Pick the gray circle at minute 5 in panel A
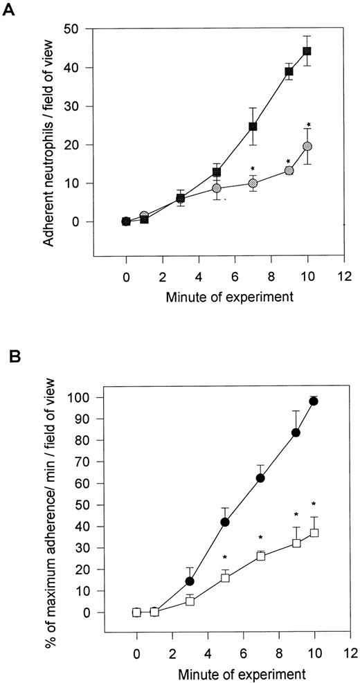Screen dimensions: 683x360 pyautogui.click(x=217, y=188)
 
